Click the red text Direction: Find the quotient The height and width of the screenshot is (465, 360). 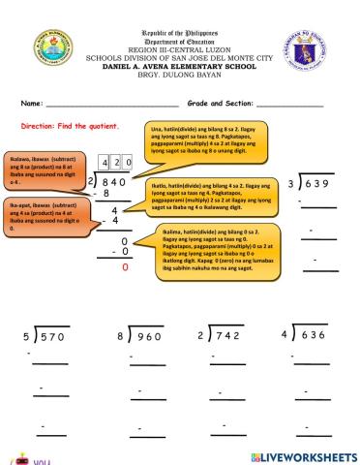pyautogui.click(x=70, y=126)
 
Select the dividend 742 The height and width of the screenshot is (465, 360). pyautogui.click(x=229, y=337)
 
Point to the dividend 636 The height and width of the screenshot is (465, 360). pyautogui.click(x=314, y=337)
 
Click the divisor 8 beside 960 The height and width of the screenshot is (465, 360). pyautogui.click(x=118, y=337)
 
